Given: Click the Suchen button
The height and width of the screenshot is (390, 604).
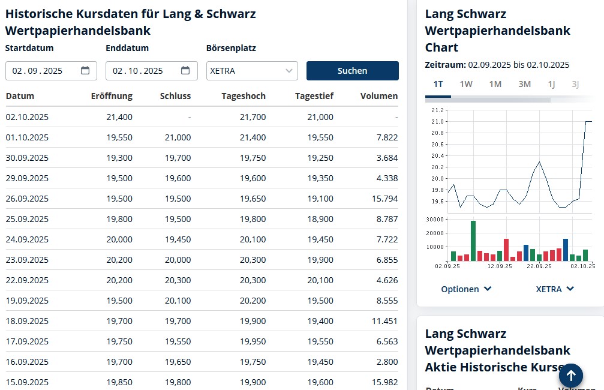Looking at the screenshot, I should [x=352, y=71].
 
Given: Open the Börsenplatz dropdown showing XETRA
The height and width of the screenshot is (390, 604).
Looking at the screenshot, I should [x=252, y=71].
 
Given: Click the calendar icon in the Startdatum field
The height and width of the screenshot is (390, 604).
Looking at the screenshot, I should [x=85, y=71].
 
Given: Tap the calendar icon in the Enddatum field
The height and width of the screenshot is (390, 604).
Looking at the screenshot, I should [x=185, y=71].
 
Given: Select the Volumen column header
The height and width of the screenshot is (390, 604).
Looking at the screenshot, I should [x=378, y=96].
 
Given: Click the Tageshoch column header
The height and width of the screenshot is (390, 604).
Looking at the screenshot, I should [x=243, y=96].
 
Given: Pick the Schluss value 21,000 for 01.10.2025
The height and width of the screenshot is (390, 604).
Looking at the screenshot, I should [x=178, y=137].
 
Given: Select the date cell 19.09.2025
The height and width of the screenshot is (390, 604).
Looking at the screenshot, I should [x=27, y=301].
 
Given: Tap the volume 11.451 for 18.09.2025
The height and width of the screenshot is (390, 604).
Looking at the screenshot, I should [x=384, y=321].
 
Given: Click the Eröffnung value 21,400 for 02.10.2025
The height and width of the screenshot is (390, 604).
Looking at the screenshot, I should [x=119, y=117].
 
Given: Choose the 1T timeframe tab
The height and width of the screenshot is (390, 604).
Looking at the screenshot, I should [x=438, y=84].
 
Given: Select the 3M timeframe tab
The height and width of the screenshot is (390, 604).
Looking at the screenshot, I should [x=524, y=84].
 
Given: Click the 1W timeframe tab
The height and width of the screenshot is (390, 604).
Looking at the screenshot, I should [x=466, y=84].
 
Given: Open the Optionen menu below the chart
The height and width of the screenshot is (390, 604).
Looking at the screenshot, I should [x=466, y=289].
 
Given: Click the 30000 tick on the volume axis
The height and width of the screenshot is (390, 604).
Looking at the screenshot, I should [x=434, y=219].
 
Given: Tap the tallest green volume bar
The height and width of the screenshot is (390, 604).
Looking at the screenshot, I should [x=473, y=241].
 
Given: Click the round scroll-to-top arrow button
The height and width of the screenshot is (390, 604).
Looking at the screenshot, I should [x=571, y=376].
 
